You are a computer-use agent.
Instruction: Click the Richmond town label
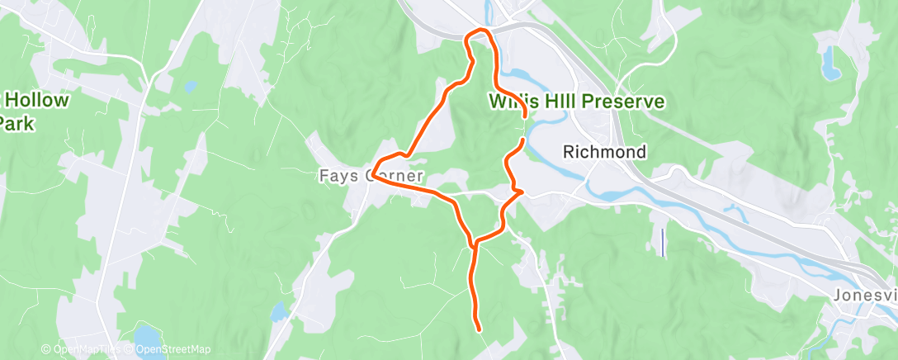[604, 152]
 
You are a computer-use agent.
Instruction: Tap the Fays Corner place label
[371, 176]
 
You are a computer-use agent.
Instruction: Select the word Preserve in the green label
[626, 102]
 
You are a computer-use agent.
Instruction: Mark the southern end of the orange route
[479, 329]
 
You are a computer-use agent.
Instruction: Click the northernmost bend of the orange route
[480, 31]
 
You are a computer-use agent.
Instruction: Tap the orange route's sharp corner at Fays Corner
[374, 175]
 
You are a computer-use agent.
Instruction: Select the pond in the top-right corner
[830, 61]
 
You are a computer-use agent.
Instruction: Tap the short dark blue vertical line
[663, 242]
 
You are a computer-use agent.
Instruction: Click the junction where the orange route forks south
[473, 244]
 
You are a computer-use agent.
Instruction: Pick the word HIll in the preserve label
[565, 102]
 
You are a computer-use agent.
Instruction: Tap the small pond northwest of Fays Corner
[191, 85]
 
